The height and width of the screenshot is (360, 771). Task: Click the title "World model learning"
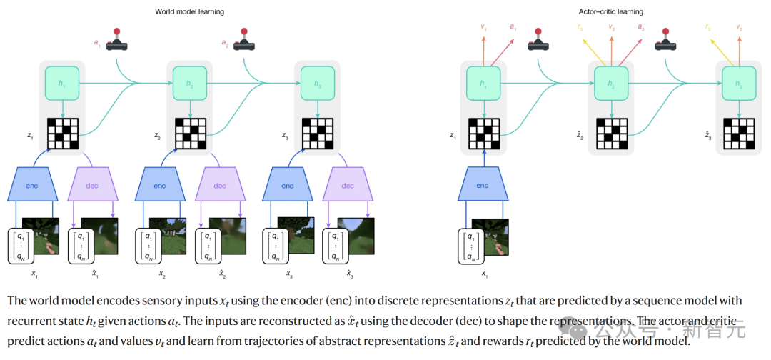[x=191, y=11]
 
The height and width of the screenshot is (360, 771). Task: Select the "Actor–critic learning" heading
[x=610, y=11]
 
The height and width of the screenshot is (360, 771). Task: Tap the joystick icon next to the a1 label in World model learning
[x=118, y=41]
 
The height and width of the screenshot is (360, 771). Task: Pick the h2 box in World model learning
[x=190, y=83]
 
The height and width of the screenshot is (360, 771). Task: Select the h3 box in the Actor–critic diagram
[x=738, y=84]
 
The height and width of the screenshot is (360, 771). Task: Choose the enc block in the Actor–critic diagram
[x=483, y=186]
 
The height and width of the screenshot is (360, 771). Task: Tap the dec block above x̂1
[x=92, y=186]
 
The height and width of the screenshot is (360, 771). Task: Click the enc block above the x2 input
[x=160, y=186]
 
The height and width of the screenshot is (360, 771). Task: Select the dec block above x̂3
[x=348, y=186]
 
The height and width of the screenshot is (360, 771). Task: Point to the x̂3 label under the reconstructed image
[x=351, y=274]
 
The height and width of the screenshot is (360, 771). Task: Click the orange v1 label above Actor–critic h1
[x=484, y=27]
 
